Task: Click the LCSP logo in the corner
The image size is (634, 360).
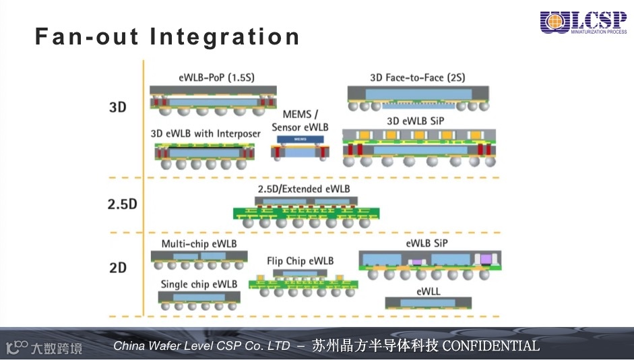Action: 583,23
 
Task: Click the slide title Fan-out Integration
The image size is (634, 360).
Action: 168,36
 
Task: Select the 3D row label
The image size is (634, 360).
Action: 118,107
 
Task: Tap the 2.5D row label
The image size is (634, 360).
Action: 122,204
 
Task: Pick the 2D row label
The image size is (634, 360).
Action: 118,268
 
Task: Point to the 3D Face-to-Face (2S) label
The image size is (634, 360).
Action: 417,78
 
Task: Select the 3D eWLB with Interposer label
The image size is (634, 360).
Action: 205,133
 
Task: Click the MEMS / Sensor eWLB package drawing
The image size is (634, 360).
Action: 300,147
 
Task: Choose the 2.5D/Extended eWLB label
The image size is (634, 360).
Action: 304,189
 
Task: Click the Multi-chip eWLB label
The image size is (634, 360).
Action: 199,243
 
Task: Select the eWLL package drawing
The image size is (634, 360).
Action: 428,304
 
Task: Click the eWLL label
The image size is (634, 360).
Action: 428,291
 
